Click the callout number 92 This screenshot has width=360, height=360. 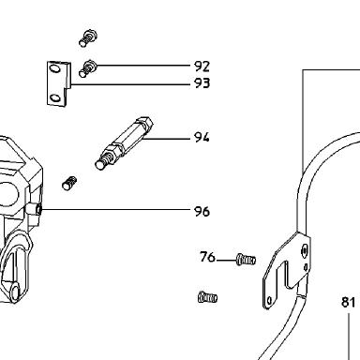(x=202, y=67)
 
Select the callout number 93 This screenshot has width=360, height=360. (x=202, y=83)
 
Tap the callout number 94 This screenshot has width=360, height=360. (x=202, y=137)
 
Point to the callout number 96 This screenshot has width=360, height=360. (x=202, y=211)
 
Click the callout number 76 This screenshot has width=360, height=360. (x=207, y=257)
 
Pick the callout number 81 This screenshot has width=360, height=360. (x=348, y=302)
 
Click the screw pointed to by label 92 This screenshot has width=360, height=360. (x=87, y=68)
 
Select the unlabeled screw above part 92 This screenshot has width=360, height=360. (x=88, y=38)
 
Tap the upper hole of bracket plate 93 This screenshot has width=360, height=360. (x=55, y=67)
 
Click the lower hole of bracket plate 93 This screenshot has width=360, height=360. (x=55, y=97)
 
